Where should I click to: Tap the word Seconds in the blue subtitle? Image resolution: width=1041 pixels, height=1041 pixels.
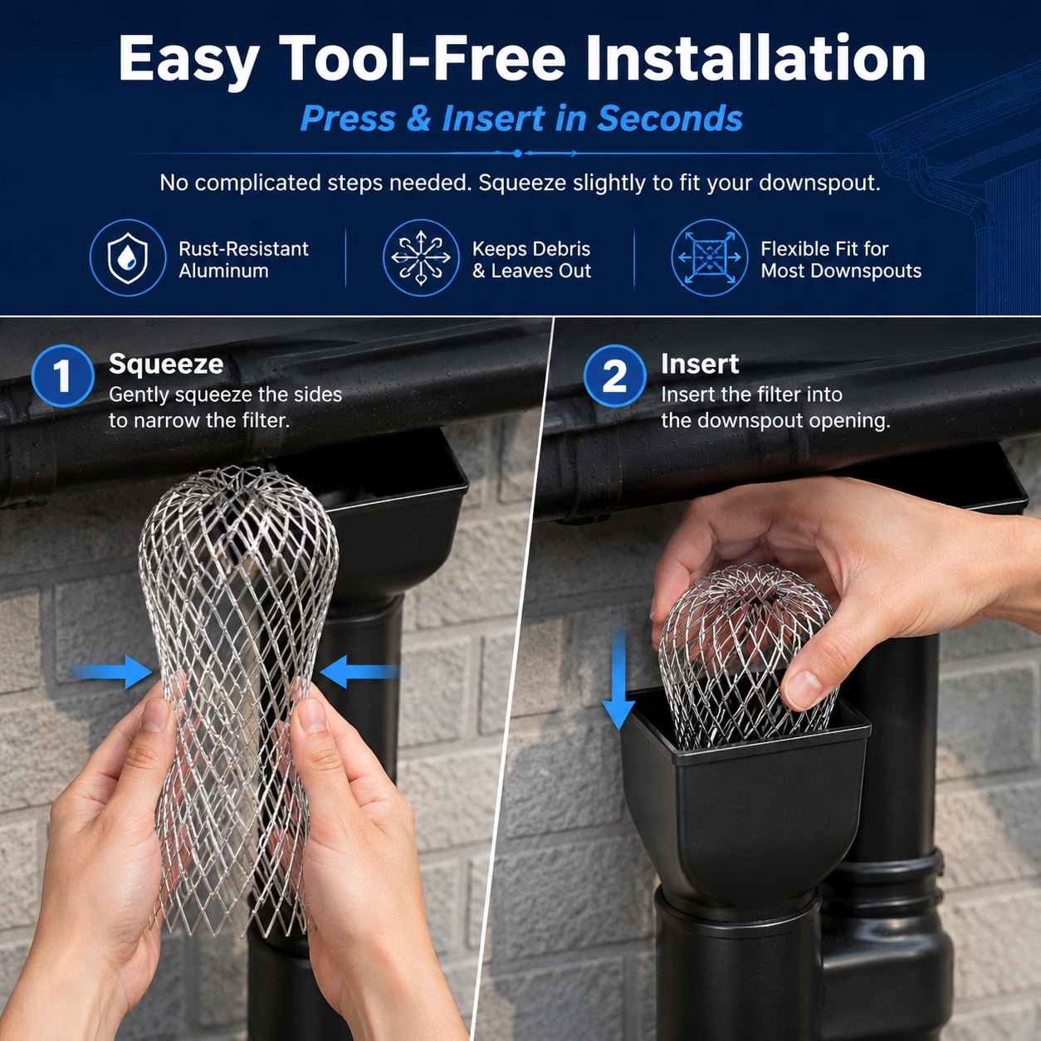(x=670, y=119)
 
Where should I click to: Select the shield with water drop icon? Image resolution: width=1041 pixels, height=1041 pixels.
(x=128, y=257)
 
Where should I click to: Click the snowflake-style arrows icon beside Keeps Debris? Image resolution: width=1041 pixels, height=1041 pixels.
(x=421, y=257)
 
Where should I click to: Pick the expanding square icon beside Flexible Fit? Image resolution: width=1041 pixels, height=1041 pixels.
(x=709, y=257)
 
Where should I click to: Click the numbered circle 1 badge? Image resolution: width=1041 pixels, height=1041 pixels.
(x=62, y=375)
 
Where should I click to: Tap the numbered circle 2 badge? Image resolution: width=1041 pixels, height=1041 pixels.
(x=615, y=375)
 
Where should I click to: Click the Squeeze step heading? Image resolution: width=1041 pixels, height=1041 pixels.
(x=166, y=364)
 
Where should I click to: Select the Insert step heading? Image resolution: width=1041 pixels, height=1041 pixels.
(x=700, y=364)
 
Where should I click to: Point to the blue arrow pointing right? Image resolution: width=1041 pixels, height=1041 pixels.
(x=110, y=672)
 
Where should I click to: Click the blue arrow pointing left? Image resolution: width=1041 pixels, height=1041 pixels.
(x=359, y=672)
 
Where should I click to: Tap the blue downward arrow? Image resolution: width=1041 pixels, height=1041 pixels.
(x=618, y=679)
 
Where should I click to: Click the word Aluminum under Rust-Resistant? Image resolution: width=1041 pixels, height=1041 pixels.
(x=223, y=271)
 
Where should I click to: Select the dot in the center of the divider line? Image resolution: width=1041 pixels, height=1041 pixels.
(x=517, y=154)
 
